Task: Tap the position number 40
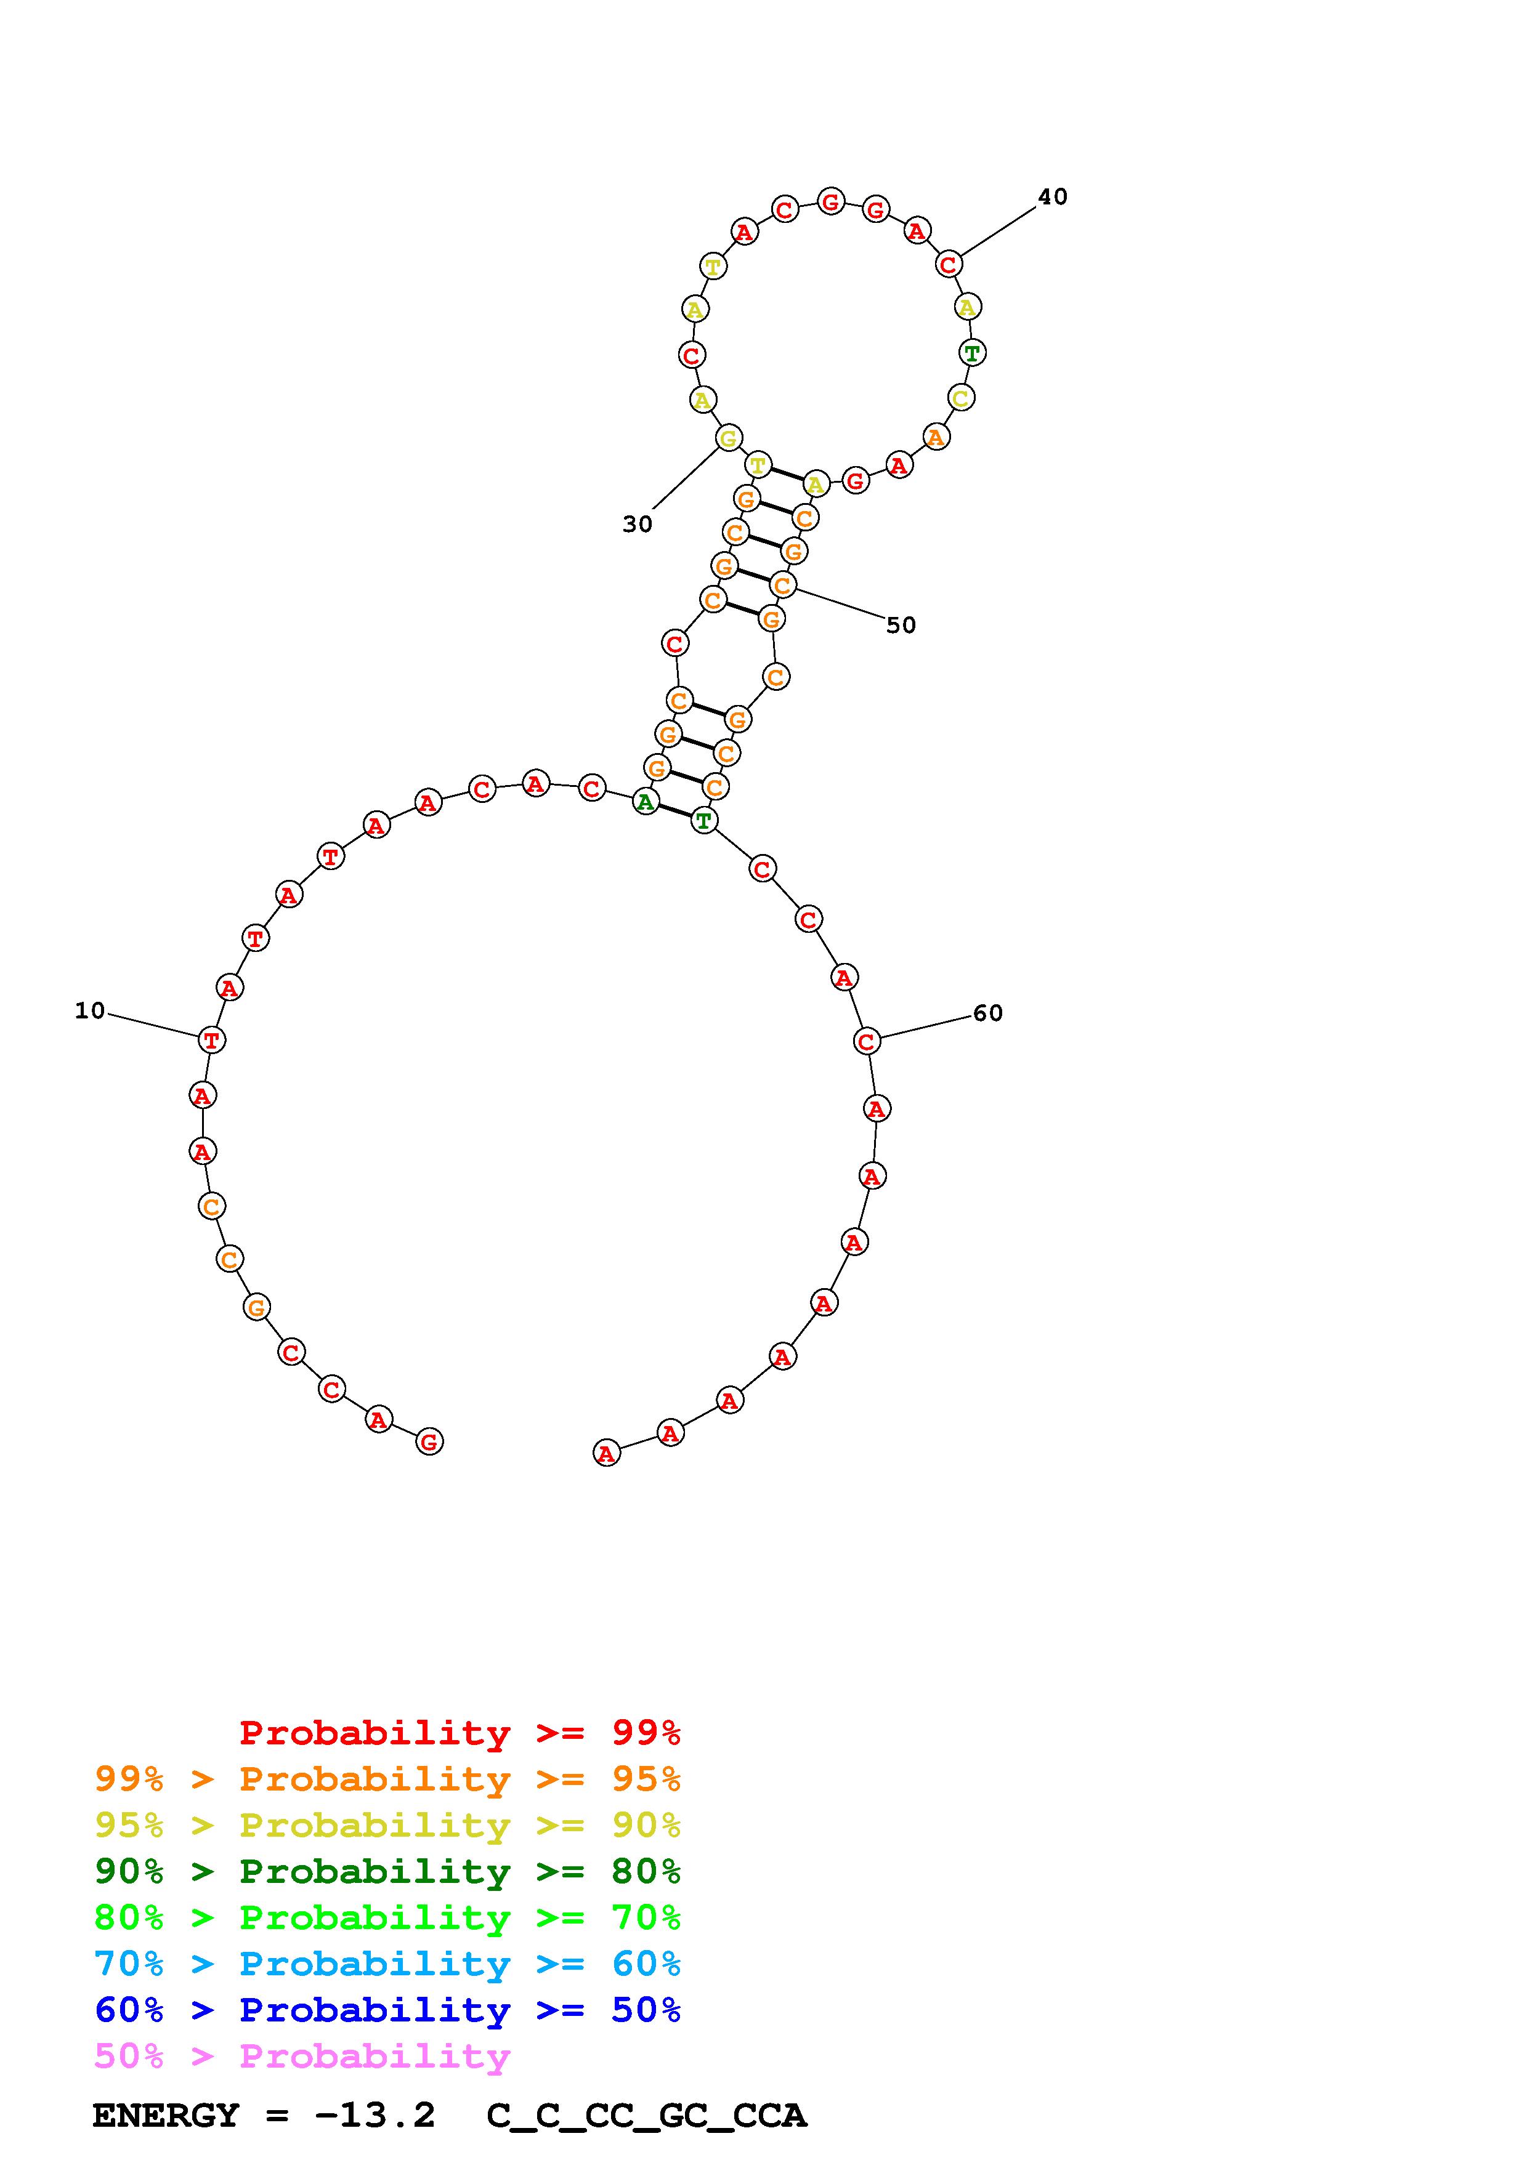(1053, 196)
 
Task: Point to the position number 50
(901, 626)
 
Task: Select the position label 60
(988, 1014)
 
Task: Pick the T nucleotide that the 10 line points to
(212, 1041)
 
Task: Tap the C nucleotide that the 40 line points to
(949, 264)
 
